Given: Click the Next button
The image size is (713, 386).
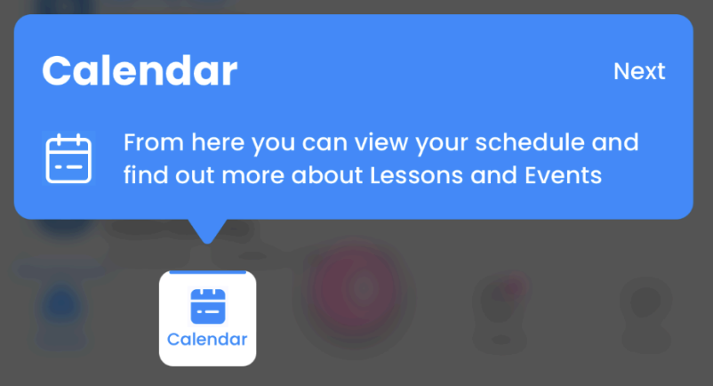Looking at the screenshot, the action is pyautogui.click(x=639, y=71).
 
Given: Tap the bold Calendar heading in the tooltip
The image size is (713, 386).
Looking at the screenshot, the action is pyautogui.click(x=140, y=71).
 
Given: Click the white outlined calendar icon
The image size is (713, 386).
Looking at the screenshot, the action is pyautogui.click(x=68, y=158).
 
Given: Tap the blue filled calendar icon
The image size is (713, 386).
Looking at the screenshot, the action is pyautogui.click(x=208, y=307).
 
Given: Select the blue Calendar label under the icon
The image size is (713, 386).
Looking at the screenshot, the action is pyautogui.click(x=207, y=339).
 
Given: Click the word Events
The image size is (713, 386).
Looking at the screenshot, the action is pyautogui.click(x=563, y=175).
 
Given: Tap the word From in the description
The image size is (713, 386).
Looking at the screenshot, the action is pyautogui.click(x=154, y=142).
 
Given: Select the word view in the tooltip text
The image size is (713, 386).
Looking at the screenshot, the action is pyautogui.click(x=381, y=142).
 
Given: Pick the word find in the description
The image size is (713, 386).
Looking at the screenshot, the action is pyautogui.click(x=146, y=175).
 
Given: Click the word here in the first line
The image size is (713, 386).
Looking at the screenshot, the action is pyautogui.click(x=218, y=142).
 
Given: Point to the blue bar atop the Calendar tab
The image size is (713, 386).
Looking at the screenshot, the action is pyautogui.click(x=207, y=272).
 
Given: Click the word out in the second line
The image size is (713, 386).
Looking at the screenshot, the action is pyautogui.click(x=195, y=176).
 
